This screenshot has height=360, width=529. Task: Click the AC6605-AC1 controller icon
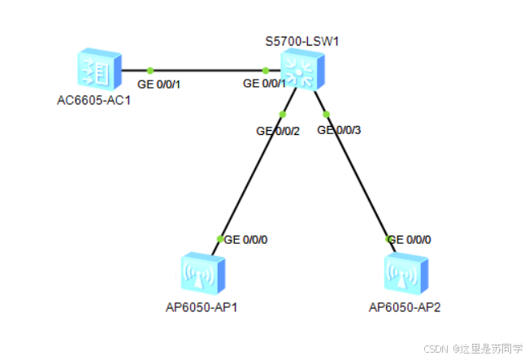click(x=98, y=71)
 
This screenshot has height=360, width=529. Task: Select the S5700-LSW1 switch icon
click(x=301, y=70)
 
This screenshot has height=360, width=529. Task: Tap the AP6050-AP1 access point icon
click(x=201, y=273)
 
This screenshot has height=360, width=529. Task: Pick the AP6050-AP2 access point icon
click(x=404, y=273)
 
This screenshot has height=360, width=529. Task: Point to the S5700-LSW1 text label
click(x=301, y=41)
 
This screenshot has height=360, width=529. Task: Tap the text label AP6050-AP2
click(x=405, y=307)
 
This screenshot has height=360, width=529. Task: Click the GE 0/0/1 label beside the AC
click(x=158, y=84)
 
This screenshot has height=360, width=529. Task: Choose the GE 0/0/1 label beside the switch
click(x=265, y=83)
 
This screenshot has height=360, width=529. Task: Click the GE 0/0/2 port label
click(x=278, y=130)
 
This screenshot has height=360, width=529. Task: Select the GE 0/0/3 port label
click(x=339, y=129)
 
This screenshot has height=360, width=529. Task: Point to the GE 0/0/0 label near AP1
click(x=245, y=240)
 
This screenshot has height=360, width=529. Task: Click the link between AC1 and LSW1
click(x=207, y=71)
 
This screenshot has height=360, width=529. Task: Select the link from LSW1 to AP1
click(x=252, y=175)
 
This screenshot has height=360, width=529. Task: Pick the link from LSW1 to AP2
click(x=358, y=175)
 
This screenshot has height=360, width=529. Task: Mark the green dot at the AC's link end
click(x=150, y=71)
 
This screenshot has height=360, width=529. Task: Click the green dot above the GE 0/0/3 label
click(x=327, y=114)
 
